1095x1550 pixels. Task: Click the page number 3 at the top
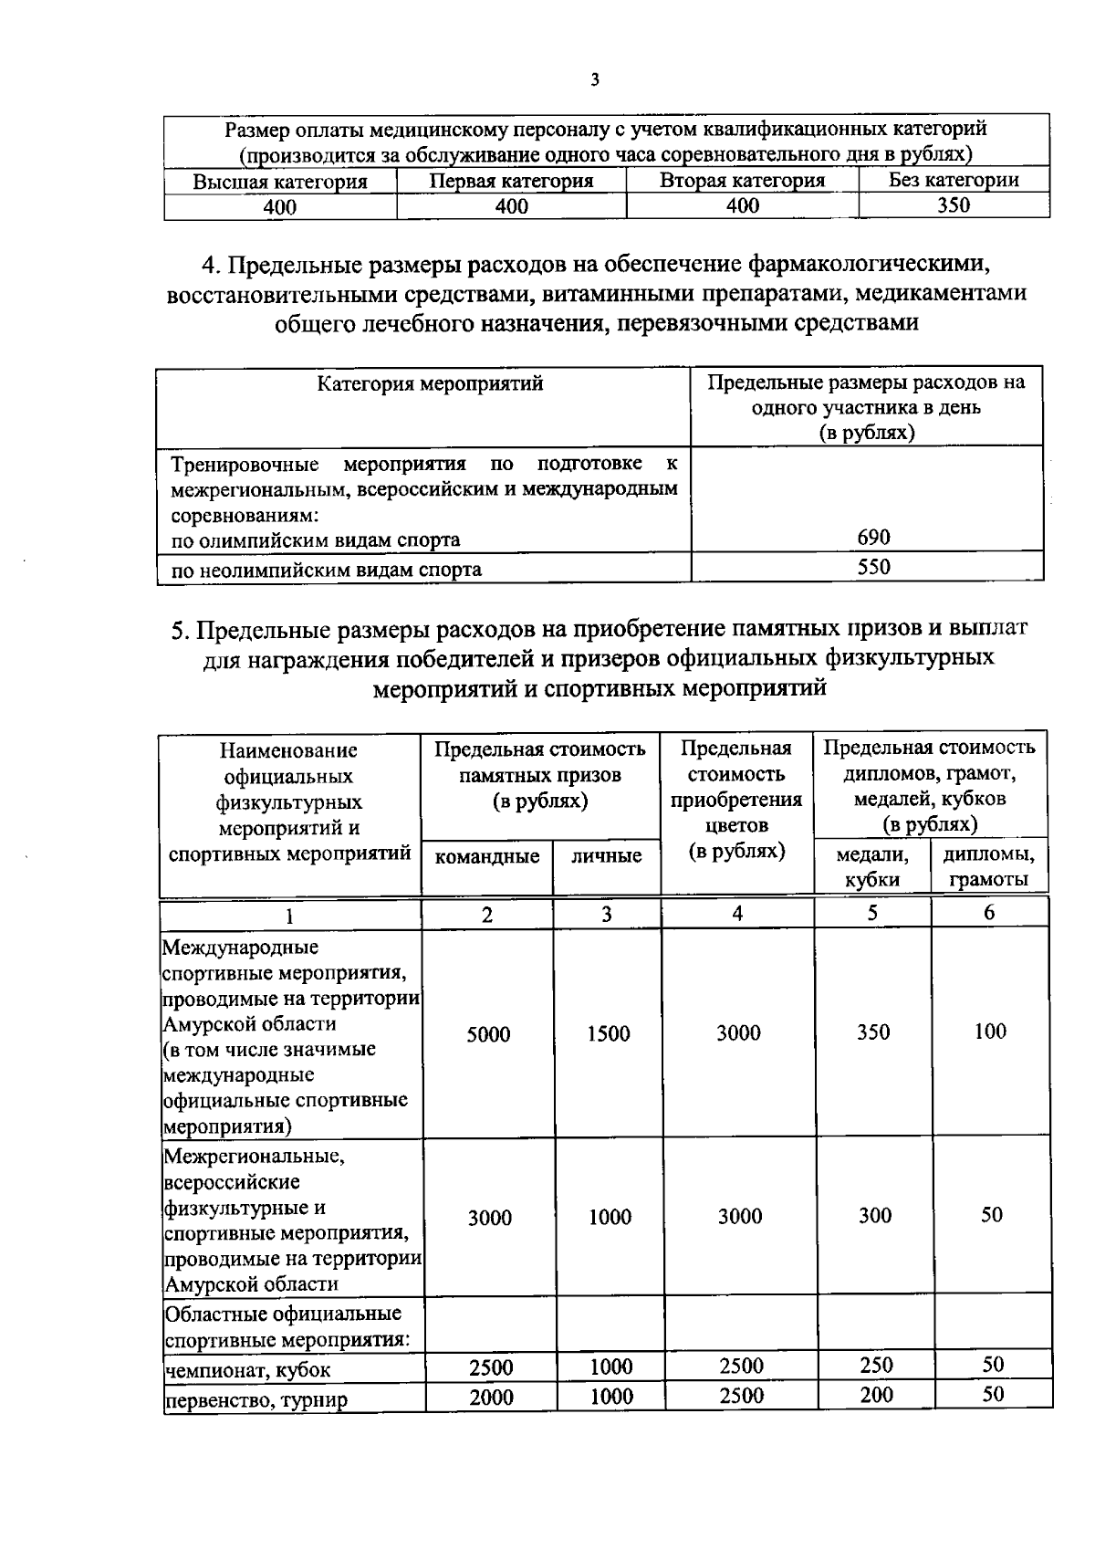[595, 80]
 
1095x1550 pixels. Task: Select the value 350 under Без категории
[954, 205]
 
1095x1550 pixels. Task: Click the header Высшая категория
[280, 182]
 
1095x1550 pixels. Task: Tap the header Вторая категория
[742, 181]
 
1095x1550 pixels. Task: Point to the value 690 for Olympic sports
[873, 538]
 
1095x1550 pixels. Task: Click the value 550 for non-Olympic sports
[873, 567]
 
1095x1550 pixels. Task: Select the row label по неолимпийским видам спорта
[327, 571]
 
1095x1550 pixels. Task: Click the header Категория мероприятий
[430, 383]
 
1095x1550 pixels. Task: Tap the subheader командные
[487, 856]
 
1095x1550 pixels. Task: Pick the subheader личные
[607, 856]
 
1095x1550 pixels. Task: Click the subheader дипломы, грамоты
[989, 867]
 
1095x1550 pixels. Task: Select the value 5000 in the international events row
[488, 1034]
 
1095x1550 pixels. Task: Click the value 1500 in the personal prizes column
[609, 1034]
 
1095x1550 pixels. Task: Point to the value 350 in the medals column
[873, 1032]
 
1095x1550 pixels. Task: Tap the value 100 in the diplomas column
[990, 1032]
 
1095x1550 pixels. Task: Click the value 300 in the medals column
[875, 1216]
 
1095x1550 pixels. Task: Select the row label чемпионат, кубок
[247, 1370]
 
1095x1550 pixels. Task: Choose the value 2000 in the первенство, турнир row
[491, 1398]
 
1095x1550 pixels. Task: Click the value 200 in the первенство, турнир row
[876, 1395]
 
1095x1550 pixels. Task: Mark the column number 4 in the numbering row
[737, 913]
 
